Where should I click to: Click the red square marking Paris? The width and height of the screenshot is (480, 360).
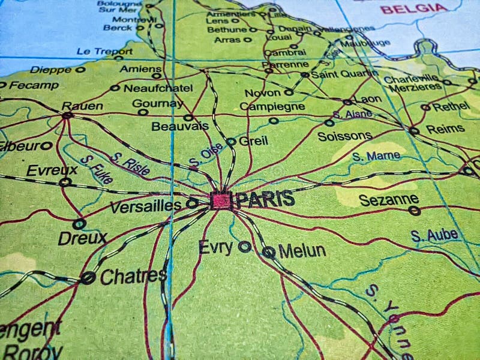coord(221,200)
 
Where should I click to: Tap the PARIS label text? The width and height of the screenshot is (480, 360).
coord(265,199)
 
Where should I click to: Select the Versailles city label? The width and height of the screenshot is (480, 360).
coord(154,205)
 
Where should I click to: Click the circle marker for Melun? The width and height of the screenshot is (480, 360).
coord(269,253)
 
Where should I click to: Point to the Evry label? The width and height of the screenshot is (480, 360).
coord(216,247)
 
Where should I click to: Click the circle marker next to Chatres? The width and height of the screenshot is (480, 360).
coord(88,278)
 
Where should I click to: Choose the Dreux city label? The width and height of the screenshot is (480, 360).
coord(82,238)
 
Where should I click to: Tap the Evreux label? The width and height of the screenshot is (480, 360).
coord(52,170)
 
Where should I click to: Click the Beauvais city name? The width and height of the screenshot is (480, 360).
coord(180,126)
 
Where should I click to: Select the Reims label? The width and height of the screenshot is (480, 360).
coord(445,128)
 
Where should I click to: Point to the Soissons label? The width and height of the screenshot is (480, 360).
coord(344,136)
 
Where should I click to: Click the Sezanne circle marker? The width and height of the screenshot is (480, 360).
coord(414,211)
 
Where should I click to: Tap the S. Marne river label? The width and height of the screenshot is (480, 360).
coord(376,156)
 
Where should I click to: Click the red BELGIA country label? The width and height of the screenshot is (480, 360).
coord(414,8)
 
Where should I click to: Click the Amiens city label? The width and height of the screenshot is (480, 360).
coord(140,68)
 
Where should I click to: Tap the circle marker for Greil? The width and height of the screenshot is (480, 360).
coord(231,142)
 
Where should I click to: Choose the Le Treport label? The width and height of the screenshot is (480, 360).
coord(104,52)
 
